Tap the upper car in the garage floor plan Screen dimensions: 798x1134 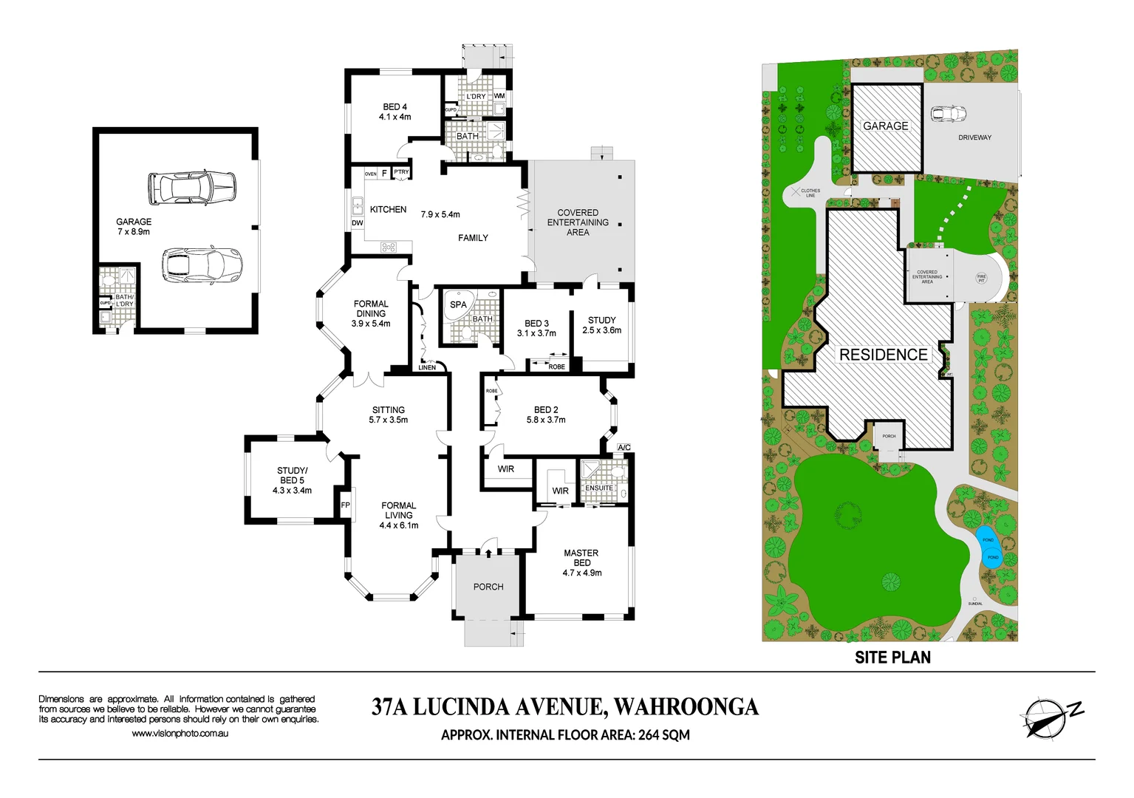(x=192, y=188)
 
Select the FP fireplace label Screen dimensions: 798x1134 (x=345, y=505)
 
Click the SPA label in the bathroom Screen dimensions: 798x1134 (x=458, y=304)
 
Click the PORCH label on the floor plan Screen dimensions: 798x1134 (x=488, y=587)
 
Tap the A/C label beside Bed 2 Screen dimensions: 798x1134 (x=624, y=447)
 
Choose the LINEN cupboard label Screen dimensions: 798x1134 (x=427, y=367)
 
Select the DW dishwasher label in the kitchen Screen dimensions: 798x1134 (x=358, y=222)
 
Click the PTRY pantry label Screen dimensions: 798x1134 (x=401, y=172)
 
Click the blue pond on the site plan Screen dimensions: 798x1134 (x=988, y=547)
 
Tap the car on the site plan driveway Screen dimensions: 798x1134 (x=948, y=114)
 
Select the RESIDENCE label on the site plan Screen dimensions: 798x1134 (x=883, y=355)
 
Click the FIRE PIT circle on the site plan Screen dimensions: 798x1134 (x=981, y=278)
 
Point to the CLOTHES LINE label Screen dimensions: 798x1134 (x=810, y=193)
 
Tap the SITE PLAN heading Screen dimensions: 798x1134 (x=892, y=657)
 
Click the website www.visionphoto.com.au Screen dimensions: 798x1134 (x=180, y=734)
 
